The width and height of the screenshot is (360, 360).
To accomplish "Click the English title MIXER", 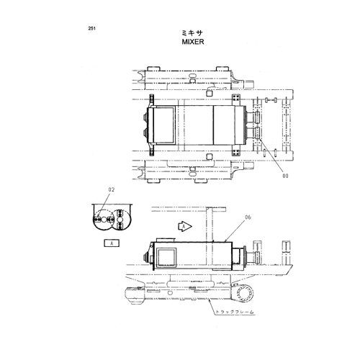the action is coord(193,42).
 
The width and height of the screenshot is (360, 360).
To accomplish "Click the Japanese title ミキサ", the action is coord(192,32).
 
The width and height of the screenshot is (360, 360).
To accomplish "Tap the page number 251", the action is coord(91,28).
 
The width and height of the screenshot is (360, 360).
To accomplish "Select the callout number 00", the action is coord(285,176).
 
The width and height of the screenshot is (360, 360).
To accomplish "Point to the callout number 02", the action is coord(112,189).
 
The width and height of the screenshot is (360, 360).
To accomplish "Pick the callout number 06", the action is coord(248,217).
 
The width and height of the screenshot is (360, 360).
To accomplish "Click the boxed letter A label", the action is coord(112,243).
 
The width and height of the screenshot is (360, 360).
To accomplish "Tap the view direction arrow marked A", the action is coord(184,226).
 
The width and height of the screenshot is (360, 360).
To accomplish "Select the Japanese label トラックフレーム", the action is coord(234,312).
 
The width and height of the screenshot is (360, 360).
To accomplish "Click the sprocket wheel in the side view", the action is coord(245,293).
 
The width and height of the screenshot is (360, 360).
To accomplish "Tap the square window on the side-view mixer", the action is coord(166,257).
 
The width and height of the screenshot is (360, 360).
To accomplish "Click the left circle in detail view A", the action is coord(104,220).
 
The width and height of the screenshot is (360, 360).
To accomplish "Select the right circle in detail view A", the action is coord(120,220).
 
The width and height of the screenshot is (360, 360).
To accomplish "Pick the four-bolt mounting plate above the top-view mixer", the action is coord(236,100).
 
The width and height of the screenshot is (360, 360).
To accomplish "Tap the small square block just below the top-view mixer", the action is coord(210,156).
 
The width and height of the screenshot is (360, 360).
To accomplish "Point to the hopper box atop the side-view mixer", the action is coord(166,240).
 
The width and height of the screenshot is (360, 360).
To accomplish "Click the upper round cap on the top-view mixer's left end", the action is coord(145,117).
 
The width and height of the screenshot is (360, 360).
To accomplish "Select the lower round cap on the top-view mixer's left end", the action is coord(145,133).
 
